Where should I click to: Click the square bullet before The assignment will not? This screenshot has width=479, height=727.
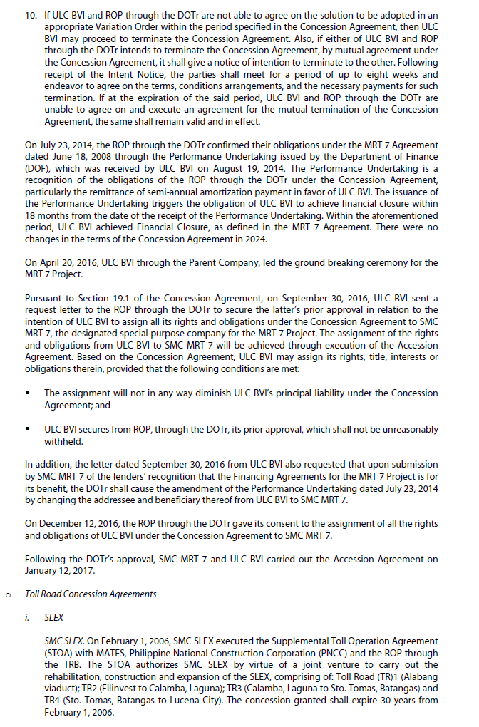click(28, 393)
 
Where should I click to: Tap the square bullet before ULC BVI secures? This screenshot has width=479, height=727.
click(28, 429)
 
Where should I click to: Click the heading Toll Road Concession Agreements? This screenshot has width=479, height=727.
click(91, 594)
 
